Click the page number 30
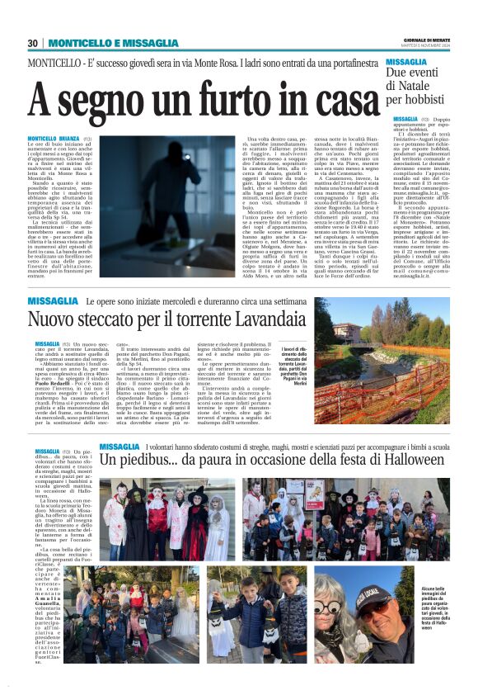pos(33,43)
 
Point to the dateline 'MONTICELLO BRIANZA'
pos(54,139)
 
